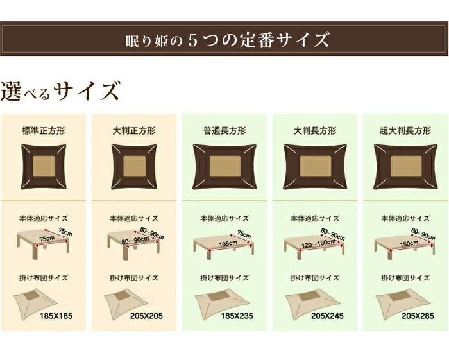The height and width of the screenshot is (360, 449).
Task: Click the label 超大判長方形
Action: pyautogui.click(x=405, y=130)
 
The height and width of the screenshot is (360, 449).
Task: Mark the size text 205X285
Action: pyautogui.click(x=416, y=317)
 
